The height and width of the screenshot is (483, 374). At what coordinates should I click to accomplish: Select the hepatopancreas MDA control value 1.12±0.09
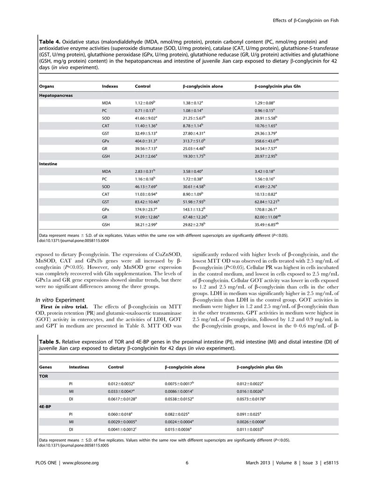pyautogui.click(x=145, y=102)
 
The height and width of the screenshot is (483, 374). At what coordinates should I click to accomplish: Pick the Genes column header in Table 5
pyautogui.click(x=46, y=368)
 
